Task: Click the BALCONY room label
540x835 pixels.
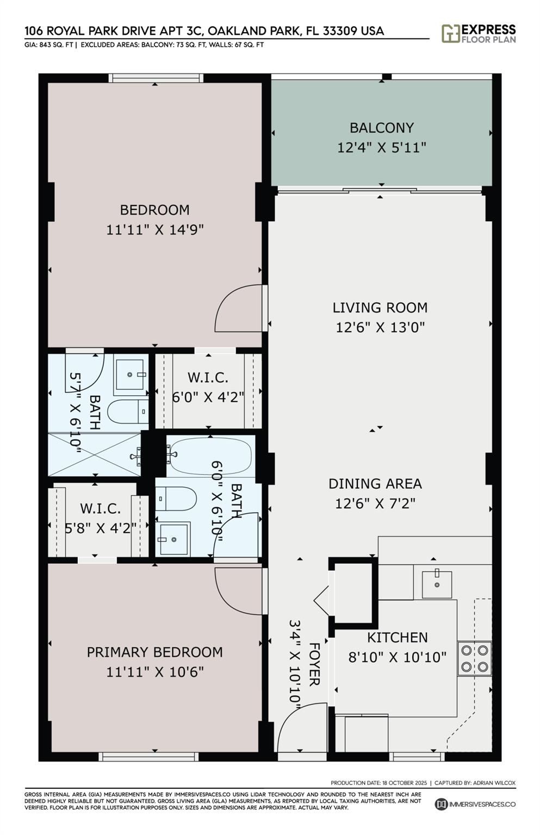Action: (381, 128)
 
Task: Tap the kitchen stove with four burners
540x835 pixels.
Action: (474, 658)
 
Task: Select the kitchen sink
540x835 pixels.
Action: (437, 584)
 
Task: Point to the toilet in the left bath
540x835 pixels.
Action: (128, 412)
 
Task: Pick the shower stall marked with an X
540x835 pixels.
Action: (95, 454)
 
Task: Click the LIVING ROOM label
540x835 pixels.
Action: (380, 308)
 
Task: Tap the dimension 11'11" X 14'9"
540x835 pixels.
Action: (155, 229)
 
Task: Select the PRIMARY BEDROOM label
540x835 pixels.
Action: (155, 652)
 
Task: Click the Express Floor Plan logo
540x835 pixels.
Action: (478, 34)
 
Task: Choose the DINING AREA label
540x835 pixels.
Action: (375, 483)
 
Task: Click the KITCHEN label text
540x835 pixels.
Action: (398, 637)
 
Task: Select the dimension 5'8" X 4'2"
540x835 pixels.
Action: (101, 527)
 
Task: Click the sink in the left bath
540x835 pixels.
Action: (131, 375)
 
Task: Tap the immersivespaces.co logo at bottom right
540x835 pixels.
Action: (475, 804)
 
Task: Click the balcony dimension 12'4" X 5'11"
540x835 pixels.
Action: (381, 147)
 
